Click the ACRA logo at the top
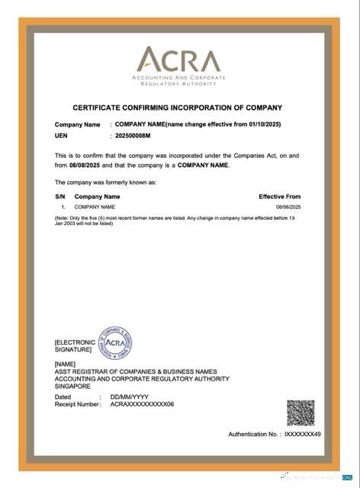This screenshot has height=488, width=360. click(177, 65)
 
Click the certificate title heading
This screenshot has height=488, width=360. click(177, 108)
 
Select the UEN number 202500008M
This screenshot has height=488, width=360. click(133, 135)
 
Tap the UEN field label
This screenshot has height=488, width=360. click(62, 135)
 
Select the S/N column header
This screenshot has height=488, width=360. click(60, 197)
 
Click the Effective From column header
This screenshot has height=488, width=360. click(279, 197)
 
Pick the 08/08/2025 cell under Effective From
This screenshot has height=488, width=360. click(288, 207)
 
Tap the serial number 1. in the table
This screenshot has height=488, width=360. click(63, 207)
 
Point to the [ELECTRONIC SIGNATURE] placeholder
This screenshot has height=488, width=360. click(75, 346)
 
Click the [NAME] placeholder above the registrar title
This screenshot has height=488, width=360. click(65, 364)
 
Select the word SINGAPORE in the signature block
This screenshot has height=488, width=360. click(72, 387)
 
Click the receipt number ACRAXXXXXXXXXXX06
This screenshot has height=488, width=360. click(142, 404)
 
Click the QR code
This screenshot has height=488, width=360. click(300, 413)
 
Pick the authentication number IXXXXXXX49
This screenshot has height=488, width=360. click(302, 434)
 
